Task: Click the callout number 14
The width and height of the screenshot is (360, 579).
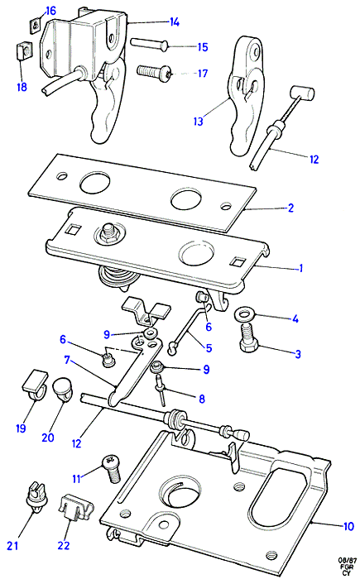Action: click(x=175, y=22)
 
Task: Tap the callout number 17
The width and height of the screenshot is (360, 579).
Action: click(x=203, y=74)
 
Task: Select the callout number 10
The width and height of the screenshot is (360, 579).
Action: click(x=348, y=526)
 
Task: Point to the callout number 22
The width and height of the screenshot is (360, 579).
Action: click(x=64, y=545)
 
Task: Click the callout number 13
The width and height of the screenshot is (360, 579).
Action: click(x=199, y=121)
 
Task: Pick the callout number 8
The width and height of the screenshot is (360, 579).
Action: click(x=202, y=399)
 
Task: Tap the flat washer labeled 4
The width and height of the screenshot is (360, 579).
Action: click(x=244, y=316)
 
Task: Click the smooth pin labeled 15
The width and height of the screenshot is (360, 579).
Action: click(x=149, y=44)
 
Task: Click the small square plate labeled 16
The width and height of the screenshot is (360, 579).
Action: click(x=35, y=26)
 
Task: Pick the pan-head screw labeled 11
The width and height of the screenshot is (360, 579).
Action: click(x=111, y=469)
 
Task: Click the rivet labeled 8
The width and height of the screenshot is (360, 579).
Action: click(x=161, y=390)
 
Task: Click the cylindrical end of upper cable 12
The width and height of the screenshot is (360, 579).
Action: click(x=301, y=93)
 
